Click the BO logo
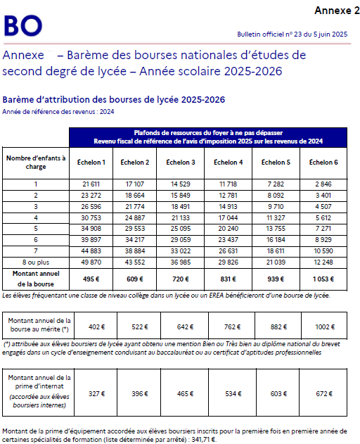22,26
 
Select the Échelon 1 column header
93,163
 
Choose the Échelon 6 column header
323,163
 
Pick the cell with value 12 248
323,262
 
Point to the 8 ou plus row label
35,262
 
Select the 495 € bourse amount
93,278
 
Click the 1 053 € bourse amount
323,278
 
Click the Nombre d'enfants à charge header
35,163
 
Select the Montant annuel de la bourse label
35,277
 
